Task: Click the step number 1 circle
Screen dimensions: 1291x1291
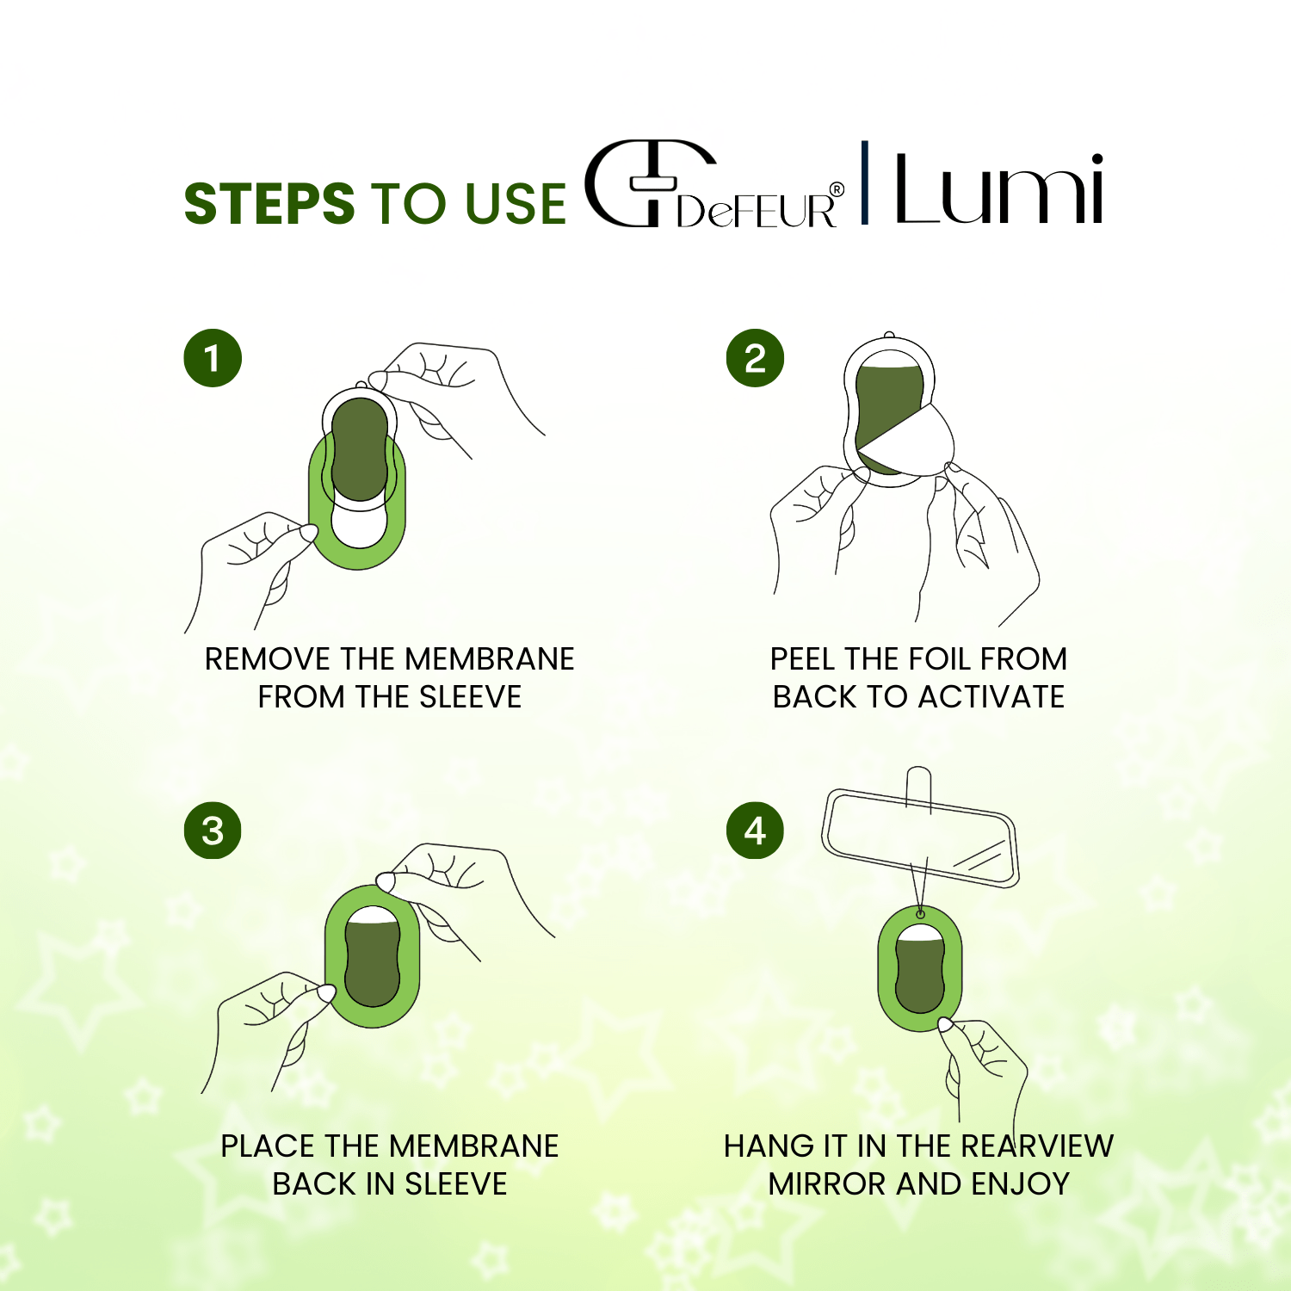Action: (x=213, y=358)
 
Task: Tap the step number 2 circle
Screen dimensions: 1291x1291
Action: (x=755, y=358)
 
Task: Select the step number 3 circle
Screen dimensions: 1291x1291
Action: (x=213, y=831)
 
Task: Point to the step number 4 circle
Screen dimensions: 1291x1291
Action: (x=755, y=831)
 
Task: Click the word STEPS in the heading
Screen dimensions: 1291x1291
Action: (x=269, y=204)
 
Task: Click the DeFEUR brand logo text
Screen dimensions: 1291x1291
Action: (x=757, y=209)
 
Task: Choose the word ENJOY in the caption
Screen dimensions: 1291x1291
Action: (x=1020, y=1184)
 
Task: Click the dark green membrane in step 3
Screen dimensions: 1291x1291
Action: (x=372, y=960)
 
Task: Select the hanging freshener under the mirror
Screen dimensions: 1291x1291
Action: (x=919, y=967)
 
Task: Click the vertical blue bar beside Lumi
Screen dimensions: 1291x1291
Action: (x=865, y=182)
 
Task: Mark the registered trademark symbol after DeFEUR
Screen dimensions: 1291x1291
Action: (x=837, y=190)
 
